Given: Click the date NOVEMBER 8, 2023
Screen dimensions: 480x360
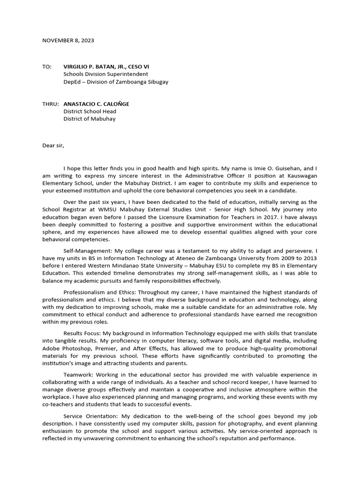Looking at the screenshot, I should click(68, 40).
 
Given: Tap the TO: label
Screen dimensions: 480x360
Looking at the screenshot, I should click(47, 67).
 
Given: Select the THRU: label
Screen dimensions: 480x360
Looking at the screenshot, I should click(50, 104).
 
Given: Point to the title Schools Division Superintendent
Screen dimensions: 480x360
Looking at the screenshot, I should click(106, 74).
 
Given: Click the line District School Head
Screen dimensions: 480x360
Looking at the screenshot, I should click(90, 112).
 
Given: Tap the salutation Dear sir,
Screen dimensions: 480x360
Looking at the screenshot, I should click(53, 145).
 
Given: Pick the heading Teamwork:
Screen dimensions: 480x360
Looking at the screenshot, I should click(78, 375).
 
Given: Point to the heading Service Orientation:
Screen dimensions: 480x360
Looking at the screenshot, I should click(90, 416).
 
